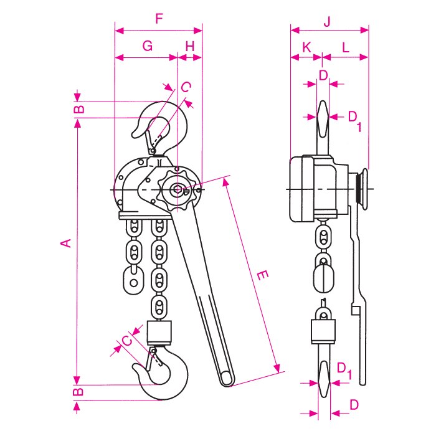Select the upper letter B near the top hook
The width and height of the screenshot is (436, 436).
[x=78, y=110]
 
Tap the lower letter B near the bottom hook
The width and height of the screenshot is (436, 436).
[x=78, y=392]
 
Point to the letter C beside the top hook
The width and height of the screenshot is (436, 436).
[x=185, y=87]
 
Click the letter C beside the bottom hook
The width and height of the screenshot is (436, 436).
[x=126, y=341]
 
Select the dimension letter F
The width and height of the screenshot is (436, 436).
[x=159, y=19]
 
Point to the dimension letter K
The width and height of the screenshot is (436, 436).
[x=306, y=47]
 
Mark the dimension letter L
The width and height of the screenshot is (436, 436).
[x=345, y=47]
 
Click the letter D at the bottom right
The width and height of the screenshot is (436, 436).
[x=354, y=404]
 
